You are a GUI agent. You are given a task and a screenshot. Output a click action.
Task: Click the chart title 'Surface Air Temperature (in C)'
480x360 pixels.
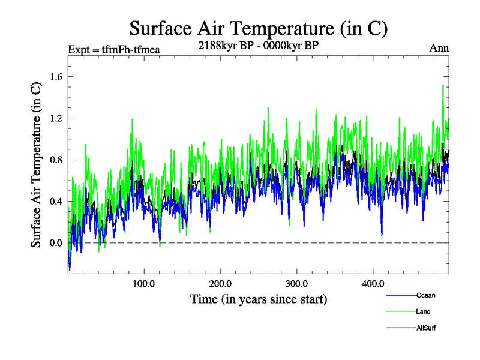[x=259, y=28]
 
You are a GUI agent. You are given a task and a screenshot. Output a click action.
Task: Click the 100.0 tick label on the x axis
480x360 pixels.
[x=144, y=283]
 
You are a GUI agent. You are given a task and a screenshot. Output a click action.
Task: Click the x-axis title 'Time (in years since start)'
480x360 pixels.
[x=259, y=298]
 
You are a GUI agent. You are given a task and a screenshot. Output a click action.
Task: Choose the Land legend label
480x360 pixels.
[x=423, y=311]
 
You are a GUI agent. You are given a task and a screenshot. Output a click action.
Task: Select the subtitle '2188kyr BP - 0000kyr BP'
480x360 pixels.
[x=259, y=44]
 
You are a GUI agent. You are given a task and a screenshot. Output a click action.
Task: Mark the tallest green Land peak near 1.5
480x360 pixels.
[x=443, y=85]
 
